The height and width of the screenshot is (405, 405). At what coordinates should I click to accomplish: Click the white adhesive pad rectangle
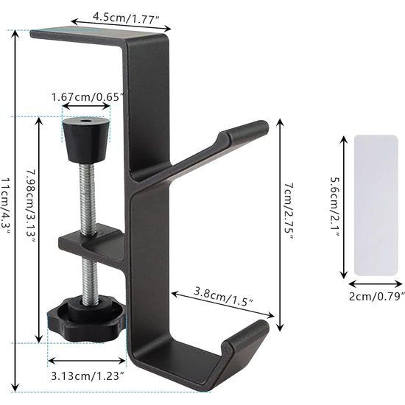pos(376,205)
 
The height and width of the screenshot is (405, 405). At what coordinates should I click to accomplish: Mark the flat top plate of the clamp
pos(81,32)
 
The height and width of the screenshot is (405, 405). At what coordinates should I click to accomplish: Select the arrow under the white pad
pos(375,283)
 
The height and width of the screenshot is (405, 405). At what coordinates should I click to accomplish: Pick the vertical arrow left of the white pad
pos(344,205)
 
